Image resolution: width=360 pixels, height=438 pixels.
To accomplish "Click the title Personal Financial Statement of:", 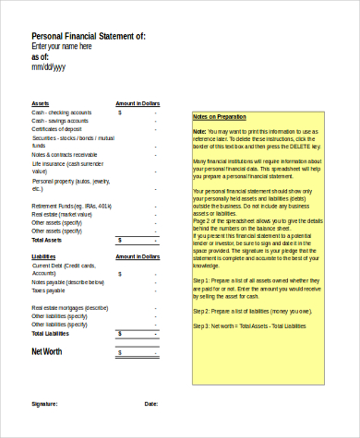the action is click(88, 35).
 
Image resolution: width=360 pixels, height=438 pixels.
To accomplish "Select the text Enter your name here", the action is click(62, 46).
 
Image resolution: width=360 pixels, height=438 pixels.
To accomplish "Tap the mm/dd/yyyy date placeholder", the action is click(48, 67).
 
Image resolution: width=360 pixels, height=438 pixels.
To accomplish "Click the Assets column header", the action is click(41, 103).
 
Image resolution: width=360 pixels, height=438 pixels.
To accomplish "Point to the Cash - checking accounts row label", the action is click(61, 112).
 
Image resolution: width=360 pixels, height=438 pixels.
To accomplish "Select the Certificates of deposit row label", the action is click(58, 129).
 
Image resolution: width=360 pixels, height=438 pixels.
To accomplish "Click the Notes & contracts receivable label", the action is click(64, 154).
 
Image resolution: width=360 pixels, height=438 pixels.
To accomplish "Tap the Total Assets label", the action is click(47, 240).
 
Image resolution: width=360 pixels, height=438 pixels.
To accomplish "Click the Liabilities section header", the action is click(44, 257).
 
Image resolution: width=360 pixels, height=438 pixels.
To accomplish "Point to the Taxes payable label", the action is click(51, 290).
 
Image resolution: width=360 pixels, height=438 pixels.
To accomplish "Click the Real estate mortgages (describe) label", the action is click(70, 307).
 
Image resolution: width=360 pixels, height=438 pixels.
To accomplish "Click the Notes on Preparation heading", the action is click(220, 117).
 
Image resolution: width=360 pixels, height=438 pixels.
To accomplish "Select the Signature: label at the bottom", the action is click(44, 404).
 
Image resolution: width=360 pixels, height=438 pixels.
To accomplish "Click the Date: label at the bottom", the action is click(151, 404).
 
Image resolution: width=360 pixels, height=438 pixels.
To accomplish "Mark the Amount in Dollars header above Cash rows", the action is click(138, 103).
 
